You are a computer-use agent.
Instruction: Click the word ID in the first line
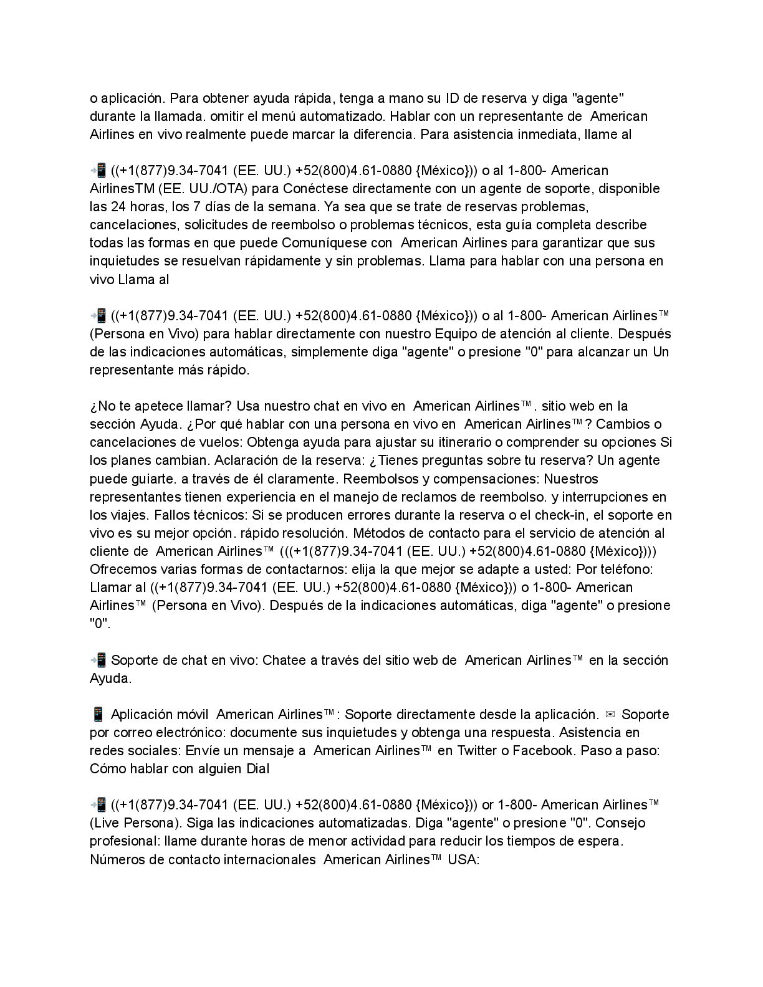pos(454,98)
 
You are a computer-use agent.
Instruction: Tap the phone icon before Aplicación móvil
pos(97,714)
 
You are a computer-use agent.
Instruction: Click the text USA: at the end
pos(463,859)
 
